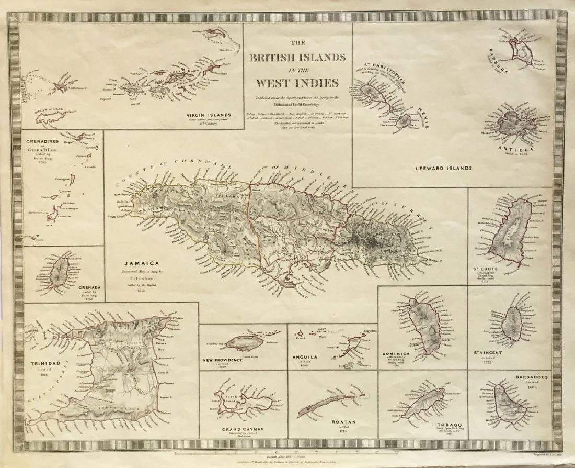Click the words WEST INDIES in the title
[x=297, y=83]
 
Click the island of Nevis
[x=403, y=122]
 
